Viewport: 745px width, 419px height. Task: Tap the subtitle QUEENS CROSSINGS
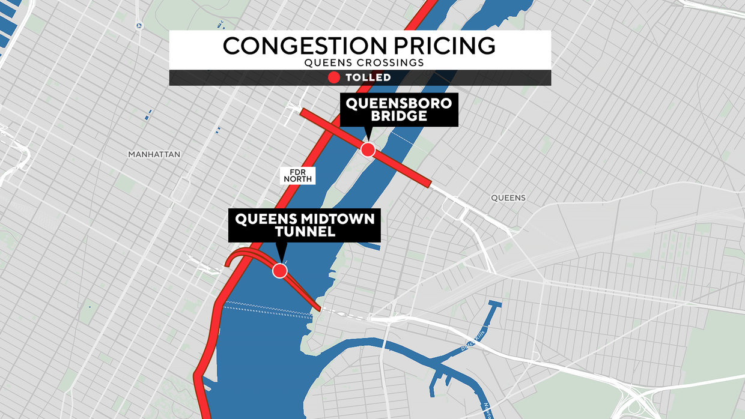[360, 62]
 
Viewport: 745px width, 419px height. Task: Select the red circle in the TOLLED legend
[334, 77]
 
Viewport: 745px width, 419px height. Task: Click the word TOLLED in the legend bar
[368, 77]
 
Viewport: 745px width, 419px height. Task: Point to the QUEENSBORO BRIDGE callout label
[399, 109]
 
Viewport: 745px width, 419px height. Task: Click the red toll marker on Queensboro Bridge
[368, 149]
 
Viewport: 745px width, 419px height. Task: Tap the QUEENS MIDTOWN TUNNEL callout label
[305, 225]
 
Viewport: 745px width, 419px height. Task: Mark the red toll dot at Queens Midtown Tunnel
[279, 271]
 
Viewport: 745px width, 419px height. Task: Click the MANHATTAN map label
[154, 154]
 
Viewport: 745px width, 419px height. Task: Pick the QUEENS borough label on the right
[508, 197]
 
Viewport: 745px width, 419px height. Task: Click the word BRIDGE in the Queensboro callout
[399, 116]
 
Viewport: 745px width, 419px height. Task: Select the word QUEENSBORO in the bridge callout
[399, 103]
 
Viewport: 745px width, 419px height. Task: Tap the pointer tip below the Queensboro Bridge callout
[368, 139]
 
